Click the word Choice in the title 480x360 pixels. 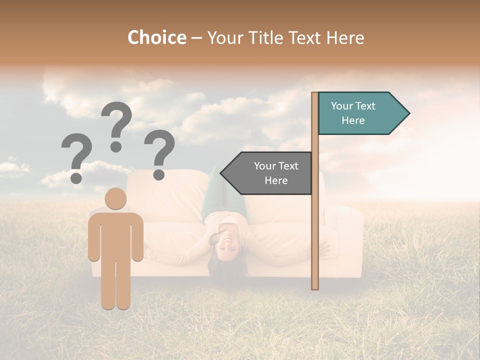pyautogui.click(x=156, y=37)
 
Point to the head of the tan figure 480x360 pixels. pyautogui.click(x=116, y=199)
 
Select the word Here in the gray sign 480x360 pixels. pyautogui.click(x=276, y=180)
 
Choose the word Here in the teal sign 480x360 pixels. pyautogui.click(x=353, y=120)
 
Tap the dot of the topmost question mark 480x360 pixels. pyautogui.click(x=116, y=146)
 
